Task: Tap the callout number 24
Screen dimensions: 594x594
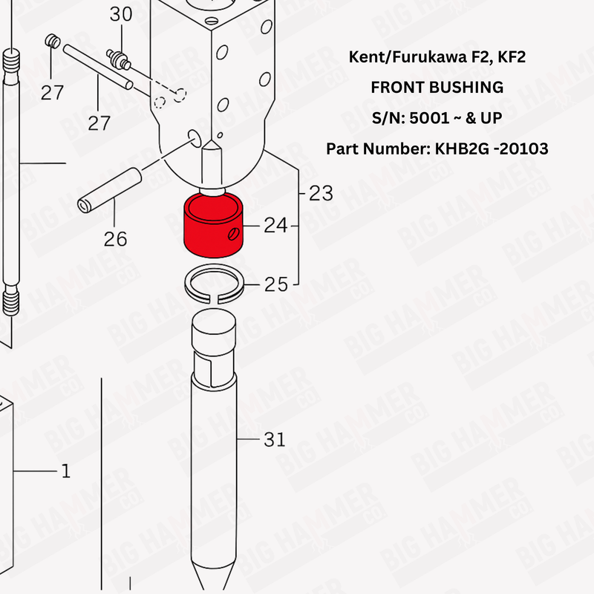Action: click(275, 225)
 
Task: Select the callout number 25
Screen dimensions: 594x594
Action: click(275, 284)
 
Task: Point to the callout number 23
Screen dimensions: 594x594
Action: click(321, 193)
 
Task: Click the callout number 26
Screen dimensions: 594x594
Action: click(115, 239)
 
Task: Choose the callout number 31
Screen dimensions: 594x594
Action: click(275, 440)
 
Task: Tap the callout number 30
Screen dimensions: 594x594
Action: click(120, 13)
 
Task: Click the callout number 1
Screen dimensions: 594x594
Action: click(65, 471)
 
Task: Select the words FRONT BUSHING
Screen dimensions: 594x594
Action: click(437, 87)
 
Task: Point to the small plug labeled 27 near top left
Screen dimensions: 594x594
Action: click(52, 42)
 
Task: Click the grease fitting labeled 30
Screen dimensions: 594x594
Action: click(117, 57)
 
